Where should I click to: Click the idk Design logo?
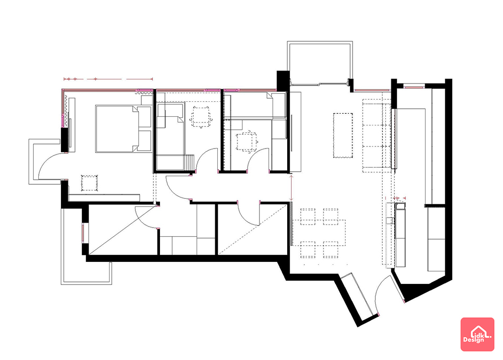pos(477,334)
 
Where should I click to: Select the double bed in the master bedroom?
pos(123,128)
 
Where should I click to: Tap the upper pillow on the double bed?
pos(144,117)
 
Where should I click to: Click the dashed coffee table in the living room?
pos(343,135)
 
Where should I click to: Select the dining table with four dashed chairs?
pos(319,233)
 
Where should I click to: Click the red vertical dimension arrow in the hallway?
pos(291,187)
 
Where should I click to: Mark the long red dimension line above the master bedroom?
pos(108,79)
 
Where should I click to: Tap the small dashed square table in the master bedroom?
pos(89,183)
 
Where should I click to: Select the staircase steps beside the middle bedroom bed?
pos(189,162)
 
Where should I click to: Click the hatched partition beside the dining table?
pos(292,224)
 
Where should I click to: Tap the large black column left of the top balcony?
pos(283,80)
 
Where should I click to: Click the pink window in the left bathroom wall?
pos(83,233)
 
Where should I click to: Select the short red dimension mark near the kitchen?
pos(400,198)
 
